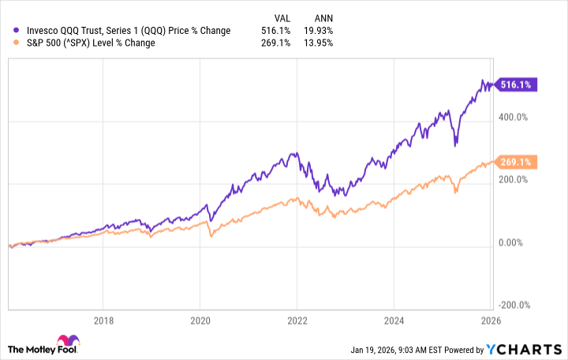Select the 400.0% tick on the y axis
[518, 117]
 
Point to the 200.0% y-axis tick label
[518, 179]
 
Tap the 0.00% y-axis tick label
[516, 242]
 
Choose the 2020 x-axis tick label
[200, 321]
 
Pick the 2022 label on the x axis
[297, 321]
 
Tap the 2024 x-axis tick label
[394, 321]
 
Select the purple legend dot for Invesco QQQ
[17, 31]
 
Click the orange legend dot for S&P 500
[17, 43]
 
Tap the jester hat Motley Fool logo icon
[17, 345]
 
